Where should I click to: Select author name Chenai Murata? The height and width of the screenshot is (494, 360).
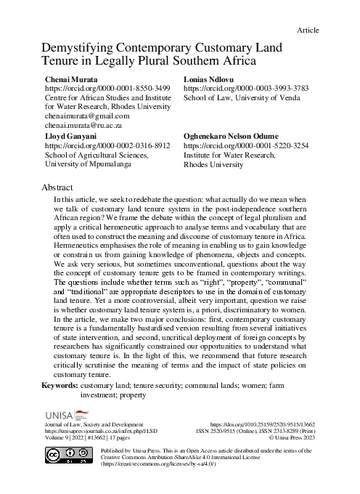[71, 77]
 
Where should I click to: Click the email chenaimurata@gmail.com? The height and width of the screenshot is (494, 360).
[87, 116]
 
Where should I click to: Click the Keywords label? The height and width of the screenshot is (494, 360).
[60, 386]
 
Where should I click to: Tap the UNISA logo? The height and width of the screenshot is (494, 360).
[65, 413]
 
